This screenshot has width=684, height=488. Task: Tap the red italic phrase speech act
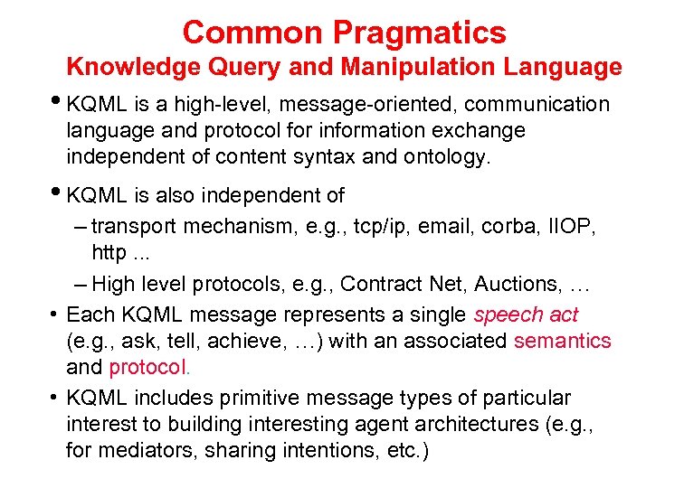(526, 315)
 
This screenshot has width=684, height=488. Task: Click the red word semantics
(562, 342)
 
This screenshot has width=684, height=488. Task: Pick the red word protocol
(147, 368)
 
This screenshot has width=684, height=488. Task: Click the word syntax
(325, 156)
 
